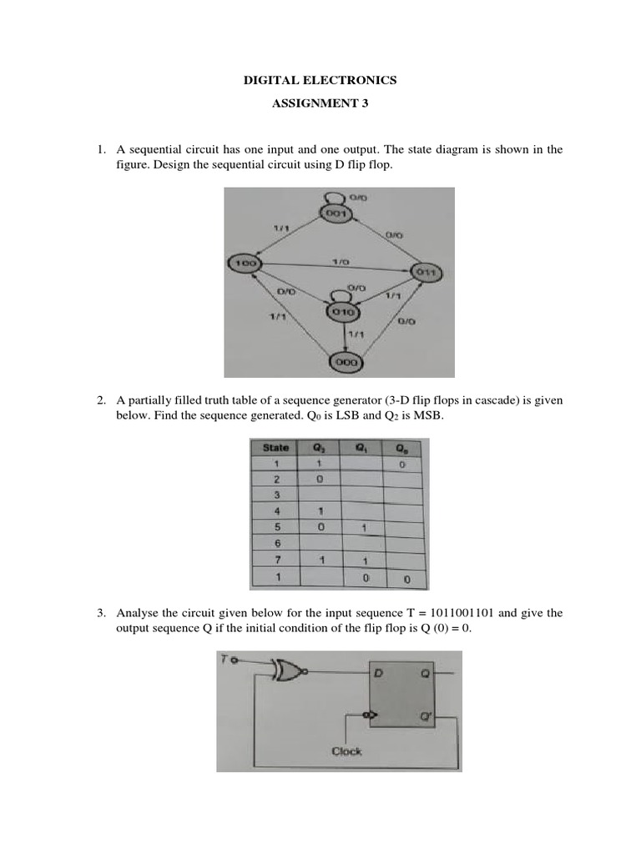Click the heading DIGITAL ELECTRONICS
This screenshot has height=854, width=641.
320,81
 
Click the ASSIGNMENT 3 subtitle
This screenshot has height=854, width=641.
320,104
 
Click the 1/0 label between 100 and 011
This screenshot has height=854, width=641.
341,261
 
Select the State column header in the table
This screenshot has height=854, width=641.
275,448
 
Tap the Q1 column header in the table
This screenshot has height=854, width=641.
361,448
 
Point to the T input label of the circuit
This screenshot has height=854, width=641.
225,660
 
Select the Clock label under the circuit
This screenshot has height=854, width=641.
346,751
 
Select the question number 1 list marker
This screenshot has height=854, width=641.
100,149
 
